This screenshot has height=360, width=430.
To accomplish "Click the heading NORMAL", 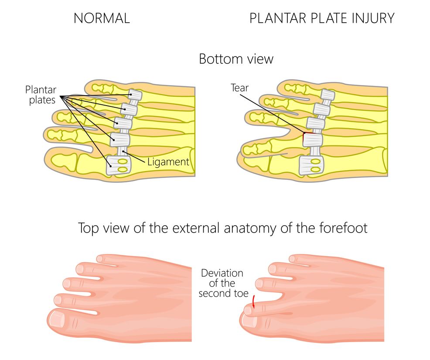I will click(102, 18).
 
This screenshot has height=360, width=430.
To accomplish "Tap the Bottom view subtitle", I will click(236, 58).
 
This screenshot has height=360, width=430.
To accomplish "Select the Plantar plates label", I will click(41, 94).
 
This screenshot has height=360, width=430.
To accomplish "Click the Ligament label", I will click(168, 162).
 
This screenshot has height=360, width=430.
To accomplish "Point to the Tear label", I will click(239, 88).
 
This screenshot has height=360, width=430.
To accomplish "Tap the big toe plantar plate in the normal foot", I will click(117, 165).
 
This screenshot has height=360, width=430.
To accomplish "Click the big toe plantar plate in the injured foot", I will click(311, 165).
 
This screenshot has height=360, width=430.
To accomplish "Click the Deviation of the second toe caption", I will click(221, 283).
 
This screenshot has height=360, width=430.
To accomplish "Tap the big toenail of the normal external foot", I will click(58, 320).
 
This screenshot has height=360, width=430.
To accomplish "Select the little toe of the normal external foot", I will click(105, 259).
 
